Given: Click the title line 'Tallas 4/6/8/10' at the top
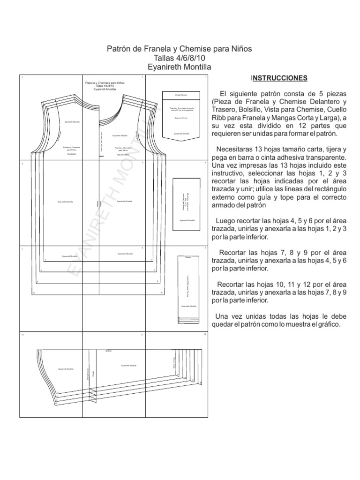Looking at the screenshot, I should click(x=180, y=58).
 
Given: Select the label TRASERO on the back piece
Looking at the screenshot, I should click(x=71, y=154).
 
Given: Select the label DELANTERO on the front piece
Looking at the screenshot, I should click(x=123, y=154).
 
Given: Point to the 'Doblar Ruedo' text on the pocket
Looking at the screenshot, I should click(x=181, y=95).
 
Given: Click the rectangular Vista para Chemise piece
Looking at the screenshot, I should click(x=187, y=204).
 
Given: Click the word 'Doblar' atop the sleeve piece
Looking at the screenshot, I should click(x=108, y=350).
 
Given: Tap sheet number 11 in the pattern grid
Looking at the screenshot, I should click(x=142, y=334).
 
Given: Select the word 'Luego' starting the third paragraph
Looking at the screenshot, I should click(x=225, y=220).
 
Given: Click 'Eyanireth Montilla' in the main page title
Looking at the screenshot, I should click(x=180, y=67).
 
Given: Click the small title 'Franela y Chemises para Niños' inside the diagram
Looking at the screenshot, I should click(x=105, y=82).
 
